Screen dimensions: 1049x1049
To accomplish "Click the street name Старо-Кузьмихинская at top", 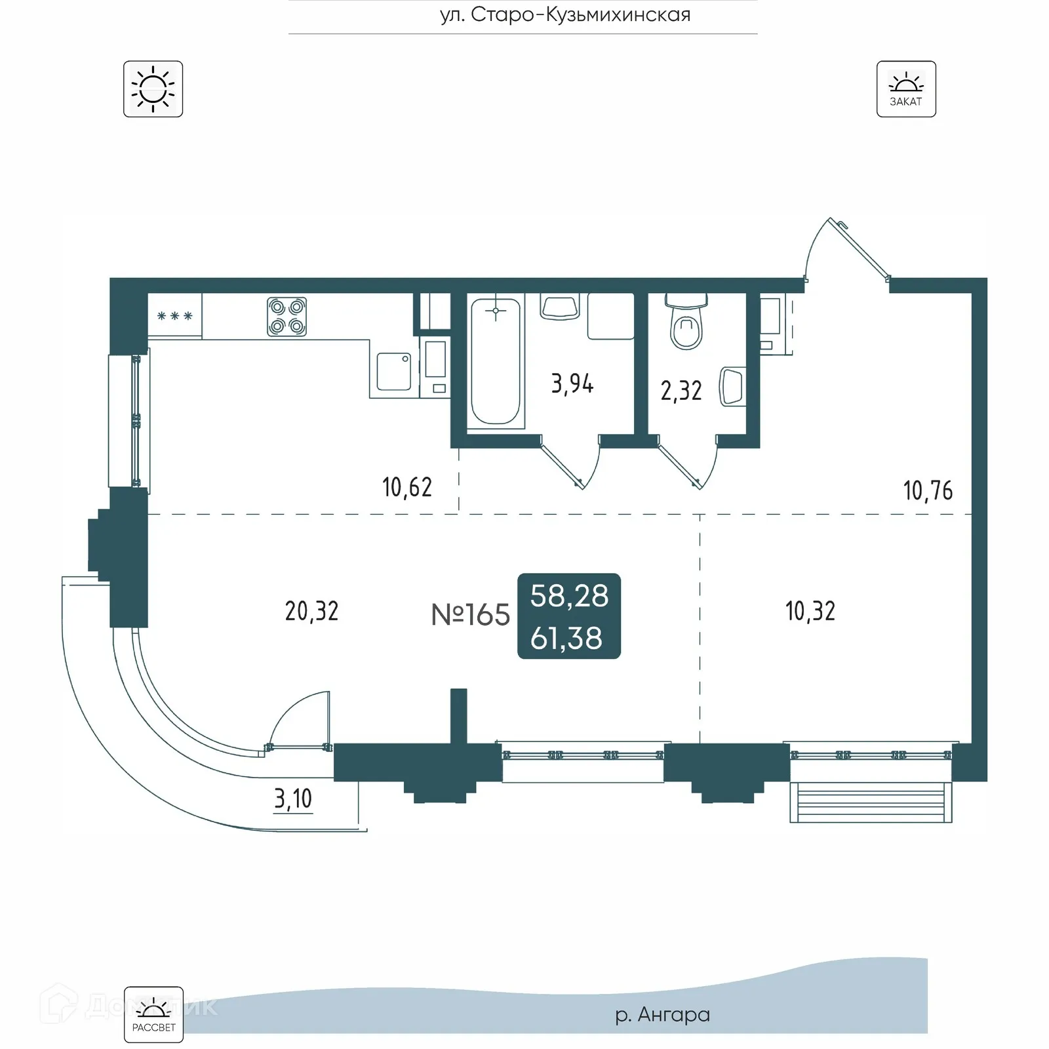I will [x=565, y=14].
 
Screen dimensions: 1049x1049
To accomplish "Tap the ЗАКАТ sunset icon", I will [x=905, y=89].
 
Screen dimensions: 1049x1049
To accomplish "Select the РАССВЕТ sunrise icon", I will [x=153, y=1014].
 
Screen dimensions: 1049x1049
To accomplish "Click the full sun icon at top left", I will [x=153, y=89].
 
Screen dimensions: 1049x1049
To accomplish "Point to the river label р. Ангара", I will [x=662, y=1015].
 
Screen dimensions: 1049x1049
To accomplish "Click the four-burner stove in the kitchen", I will [x=287, y=317].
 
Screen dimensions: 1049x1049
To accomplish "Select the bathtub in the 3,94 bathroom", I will [x=496, y=361].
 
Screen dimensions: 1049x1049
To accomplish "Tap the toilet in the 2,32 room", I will [x=686, y=324].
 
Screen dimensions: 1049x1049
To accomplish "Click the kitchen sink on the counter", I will [x=393, y=371].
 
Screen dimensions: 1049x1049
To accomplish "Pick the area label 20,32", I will [x=311, y=611].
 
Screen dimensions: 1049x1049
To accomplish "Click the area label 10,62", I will [x=406, y=487].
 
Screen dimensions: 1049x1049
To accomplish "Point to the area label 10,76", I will [x=927, y=490].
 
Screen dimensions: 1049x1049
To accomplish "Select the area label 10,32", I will [x=810, y=611].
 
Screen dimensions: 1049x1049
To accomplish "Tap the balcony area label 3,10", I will [x=292, y=799].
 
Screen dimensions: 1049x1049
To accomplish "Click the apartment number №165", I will [x=470, y=615].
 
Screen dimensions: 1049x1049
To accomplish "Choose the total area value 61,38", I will [x=566, y=639].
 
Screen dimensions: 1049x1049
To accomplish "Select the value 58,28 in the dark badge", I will [x=569, y=595].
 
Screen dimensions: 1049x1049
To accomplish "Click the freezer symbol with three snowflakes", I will [x=174, y=316].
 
